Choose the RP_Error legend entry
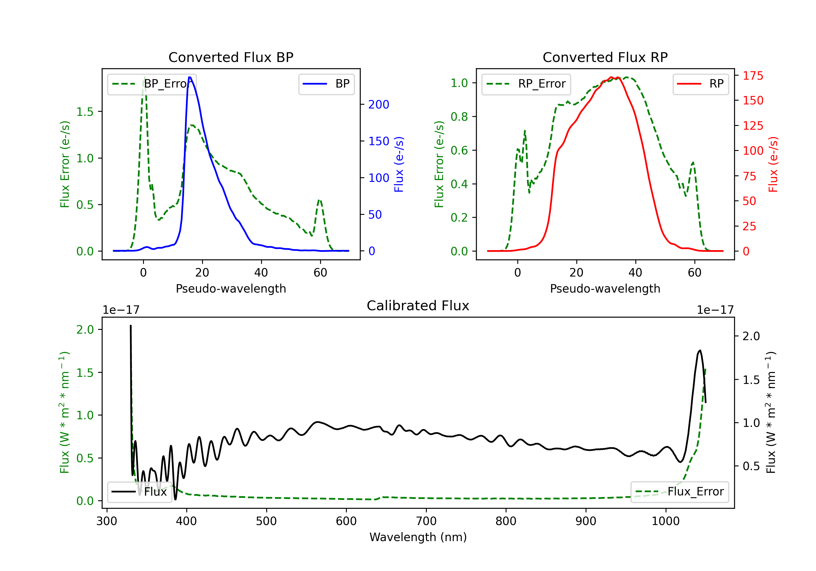coord(526,84)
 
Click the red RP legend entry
coord(700,84)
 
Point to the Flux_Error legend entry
coord(679,492)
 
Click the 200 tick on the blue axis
coord(379,104)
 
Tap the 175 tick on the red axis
coord(753,76)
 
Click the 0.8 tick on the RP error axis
coord(459,117)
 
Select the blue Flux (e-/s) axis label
coord(399,164)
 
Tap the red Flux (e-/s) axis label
coord(773,164)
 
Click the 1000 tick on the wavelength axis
coord(665,521)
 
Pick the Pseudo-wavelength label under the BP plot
coord(231,288)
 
